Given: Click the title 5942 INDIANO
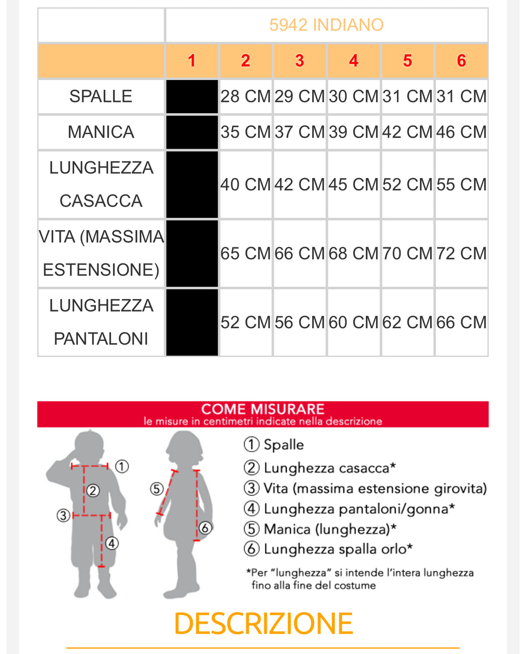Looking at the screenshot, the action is (x=326, y=24).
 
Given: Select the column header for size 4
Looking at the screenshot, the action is (x=354, y=60).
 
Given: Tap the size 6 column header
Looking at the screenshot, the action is (x=461, y=60).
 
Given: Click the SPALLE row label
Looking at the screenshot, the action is (x=101, y=97).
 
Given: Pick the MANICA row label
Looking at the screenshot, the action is (x=101, y=132).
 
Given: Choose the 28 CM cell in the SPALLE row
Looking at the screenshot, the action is (x=245, y=97).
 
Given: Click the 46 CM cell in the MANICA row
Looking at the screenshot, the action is (x=461, y=132).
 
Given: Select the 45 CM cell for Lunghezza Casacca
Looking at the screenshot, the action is (x=354, y=184).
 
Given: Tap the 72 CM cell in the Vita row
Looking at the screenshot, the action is (x=461, y=254).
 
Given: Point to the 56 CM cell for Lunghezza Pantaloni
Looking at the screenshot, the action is (x=300, y=322).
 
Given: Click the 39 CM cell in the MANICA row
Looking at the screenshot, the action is (x=354, y=132).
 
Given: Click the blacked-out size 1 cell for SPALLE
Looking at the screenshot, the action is (x=192, y=97).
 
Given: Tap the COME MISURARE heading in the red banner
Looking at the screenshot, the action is (x=263, y=409).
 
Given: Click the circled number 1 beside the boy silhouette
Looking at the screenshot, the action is (x=122, y=466).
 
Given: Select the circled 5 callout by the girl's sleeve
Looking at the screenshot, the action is (x=157, y=489).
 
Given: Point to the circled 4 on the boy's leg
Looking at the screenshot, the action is (x=112, y=543).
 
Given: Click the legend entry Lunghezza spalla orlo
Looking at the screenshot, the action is (x=328, y=549).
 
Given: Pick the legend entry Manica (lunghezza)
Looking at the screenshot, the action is (x=320, y=529).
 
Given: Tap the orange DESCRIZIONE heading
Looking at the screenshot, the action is (x=263, y=623).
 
